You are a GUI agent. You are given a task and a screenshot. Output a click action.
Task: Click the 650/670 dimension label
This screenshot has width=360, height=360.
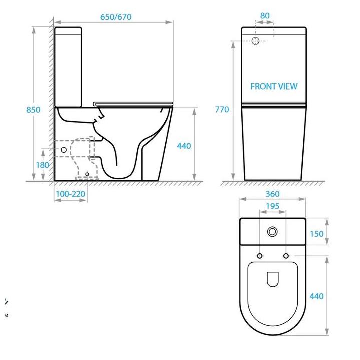point(116,16)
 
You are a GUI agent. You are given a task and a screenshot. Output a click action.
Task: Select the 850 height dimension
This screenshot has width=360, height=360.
point(33,110)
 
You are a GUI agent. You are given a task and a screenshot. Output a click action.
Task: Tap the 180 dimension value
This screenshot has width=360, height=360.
point(42,165)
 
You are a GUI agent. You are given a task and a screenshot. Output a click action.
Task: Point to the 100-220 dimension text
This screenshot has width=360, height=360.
point(70,193)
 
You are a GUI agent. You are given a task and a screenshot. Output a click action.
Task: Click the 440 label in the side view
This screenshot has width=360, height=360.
point(184,146)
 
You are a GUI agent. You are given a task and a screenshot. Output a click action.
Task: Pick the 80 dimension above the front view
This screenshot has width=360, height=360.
point(265,16)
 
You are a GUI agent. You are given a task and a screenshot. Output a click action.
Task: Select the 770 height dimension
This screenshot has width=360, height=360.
point(222,110)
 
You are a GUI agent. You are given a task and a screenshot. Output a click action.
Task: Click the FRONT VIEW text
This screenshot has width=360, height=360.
point(273,86)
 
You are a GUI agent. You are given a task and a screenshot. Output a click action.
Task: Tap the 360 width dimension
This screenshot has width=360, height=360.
point(272,194)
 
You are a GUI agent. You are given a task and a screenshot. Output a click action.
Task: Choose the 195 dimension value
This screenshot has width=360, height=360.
point(272,206)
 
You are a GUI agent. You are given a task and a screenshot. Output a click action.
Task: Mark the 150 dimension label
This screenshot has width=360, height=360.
point(317,234)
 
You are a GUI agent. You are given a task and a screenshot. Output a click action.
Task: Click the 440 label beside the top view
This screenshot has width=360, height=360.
point(317,296)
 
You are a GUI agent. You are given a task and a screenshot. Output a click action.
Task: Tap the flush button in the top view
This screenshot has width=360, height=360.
point(273,232)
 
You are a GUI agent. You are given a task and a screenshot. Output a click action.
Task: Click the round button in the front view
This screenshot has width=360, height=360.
point(256,41)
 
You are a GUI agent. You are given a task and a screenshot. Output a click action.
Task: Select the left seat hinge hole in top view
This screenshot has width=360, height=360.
point(260,256)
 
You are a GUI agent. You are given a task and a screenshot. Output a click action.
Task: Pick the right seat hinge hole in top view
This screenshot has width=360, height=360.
point(286,256)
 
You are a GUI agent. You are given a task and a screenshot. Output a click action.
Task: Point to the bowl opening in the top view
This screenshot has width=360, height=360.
point(273,280)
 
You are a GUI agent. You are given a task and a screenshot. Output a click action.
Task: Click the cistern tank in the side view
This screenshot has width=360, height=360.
point(68,67)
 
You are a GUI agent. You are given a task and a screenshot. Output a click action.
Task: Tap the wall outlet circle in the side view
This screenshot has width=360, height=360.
point(64,149)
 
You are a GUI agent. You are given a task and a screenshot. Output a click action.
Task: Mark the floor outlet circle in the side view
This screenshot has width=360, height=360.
point(87,174)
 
